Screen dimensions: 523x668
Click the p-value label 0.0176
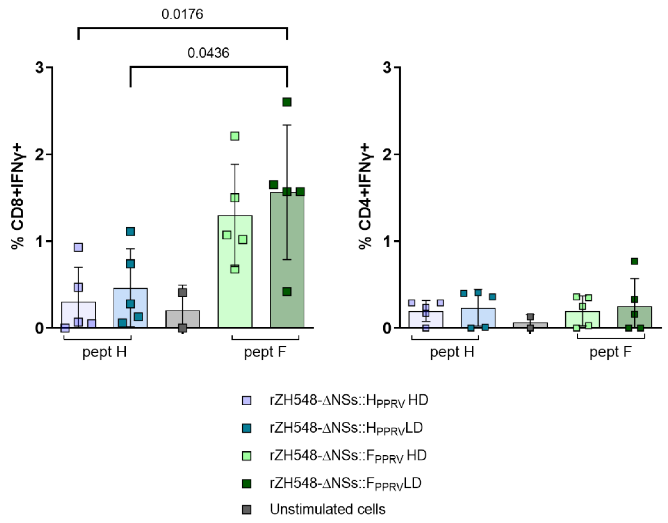point(182,14)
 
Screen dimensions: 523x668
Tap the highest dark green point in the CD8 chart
point(287,102)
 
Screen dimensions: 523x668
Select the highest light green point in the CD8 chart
point(235,136)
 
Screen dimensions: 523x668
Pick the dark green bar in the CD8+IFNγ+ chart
point(287,276)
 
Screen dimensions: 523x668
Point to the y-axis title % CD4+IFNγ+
point(366,198)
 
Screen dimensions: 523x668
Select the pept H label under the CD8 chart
point(104,352)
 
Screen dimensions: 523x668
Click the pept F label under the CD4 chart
point(610,352)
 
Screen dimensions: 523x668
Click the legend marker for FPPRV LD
point(246,484)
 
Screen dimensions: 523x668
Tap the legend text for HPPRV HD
point(349,401)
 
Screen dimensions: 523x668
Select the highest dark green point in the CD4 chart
point(634,261)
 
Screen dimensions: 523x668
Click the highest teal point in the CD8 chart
point(130,231)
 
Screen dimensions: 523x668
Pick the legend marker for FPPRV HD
point(246,456)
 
